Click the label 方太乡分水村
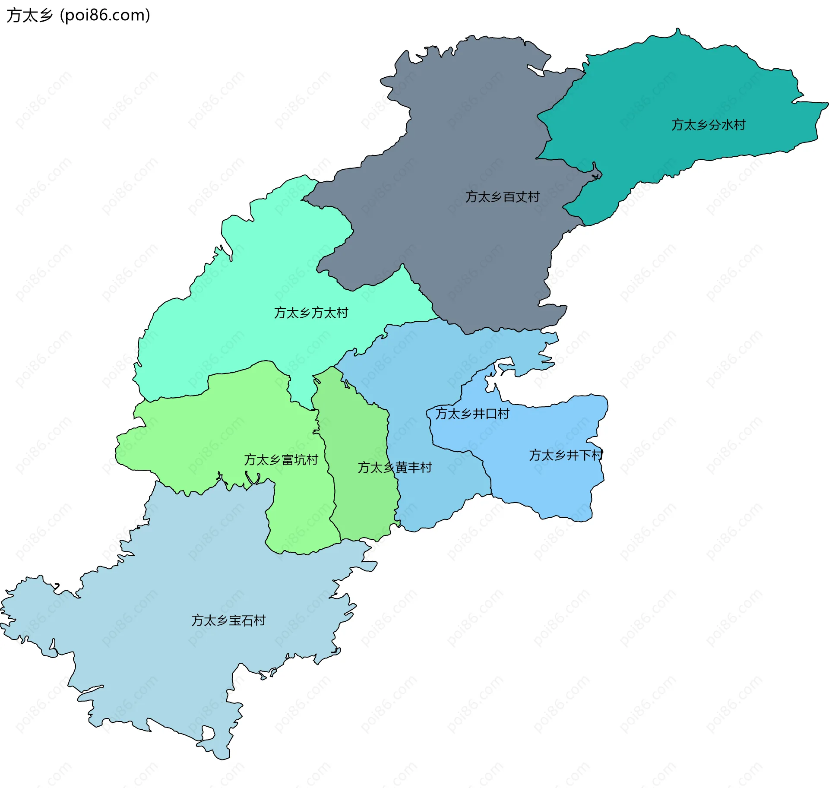(x=708, y=125)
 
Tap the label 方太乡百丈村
(x=502, y=197)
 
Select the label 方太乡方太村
(x=311, y=313)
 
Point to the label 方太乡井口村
(x=472, y=414)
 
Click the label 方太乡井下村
(x=566, y=455)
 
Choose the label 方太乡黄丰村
(x=395, y=468)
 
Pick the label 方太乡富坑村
(x=281, y=460)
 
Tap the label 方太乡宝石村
(x=228, y=620)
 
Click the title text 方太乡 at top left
(x=29, y=16)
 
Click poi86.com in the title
(x=105, y=16)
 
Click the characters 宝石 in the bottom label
(x=241, y=620)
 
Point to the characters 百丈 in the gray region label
(x=515, y=197)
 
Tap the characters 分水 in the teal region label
(x=721, y=125)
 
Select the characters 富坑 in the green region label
(x=294, y=460)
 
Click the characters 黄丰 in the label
(x=407, y=468)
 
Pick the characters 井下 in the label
(x=579, y=455)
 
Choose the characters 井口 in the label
(x=485, y=414)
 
